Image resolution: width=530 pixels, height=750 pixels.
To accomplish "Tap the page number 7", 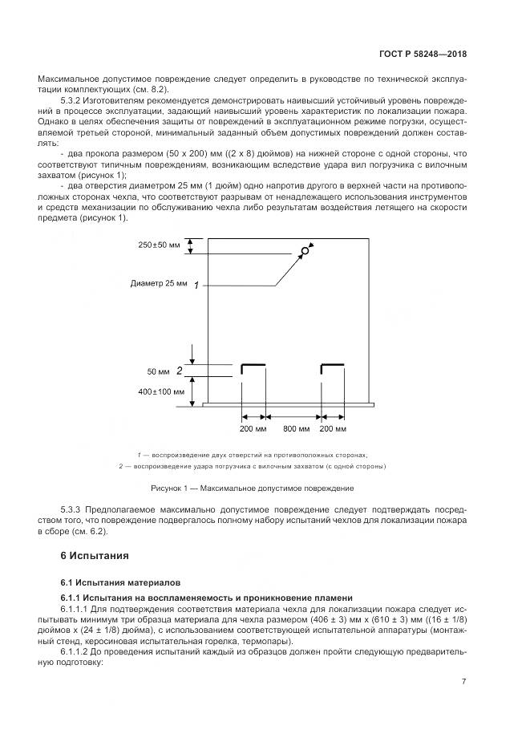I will coord(463,681).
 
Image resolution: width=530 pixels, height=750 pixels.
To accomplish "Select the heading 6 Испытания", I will coord(95,555).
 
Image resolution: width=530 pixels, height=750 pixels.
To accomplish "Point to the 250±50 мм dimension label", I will coord(157,245).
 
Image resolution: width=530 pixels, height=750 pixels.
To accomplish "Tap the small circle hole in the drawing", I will coord(305,252).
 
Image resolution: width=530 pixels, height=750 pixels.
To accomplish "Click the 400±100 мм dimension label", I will coord(161,392).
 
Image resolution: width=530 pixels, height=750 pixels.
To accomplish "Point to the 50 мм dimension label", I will coord(159,371).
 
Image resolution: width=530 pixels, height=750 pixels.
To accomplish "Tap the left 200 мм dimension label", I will coord(253,429).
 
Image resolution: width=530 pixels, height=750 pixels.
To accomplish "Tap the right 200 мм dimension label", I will coord(333,429).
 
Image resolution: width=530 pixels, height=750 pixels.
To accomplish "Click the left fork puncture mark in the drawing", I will coord(253,367).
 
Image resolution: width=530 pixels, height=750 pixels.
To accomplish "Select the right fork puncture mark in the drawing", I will coord(332,367).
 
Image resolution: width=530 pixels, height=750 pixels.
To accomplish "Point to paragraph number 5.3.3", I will coord(74,509).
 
